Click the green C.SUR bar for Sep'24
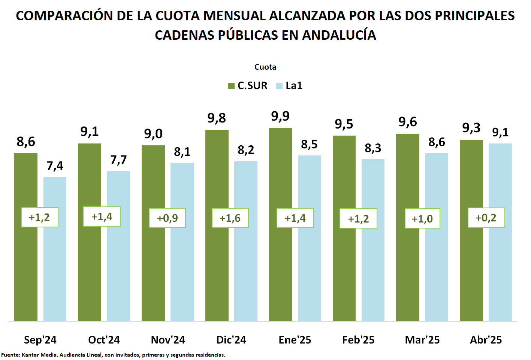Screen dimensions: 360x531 point(26,262)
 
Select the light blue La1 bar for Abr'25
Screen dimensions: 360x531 point(500,262)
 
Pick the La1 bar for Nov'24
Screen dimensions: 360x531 point(182,262)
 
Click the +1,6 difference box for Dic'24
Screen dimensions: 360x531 point(230,218)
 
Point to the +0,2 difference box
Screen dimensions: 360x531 point(486,218)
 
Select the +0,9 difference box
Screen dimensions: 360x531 point(167,218)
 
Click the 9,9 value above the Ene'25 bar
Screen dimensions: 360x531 point(280,117)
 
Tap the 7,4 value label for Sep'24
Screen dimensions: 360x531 point(55,166)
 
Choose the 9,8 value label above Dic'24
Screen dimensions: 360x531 point(217,118)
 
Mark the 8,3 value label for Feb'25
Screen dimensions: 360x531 point(373,148)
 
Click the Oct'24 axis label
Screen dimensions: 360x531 point(104,340)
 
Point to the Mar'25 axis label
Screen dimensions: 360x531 point(422,340)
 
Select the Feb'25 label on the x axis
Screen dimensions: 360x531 point(358,340)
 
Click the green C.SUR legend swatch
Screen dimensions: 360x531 point(231,86)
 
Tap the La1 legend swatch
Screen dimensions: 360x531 point(279,86)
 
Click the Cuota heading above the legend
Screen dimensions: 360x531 point(265,67)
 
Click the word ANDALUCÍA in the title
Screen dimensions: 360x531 point(339,35)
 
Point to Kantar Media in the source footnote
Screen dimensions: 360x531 point(40,355)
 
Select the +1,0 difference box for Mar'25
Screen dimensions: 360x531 point(422,219)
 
